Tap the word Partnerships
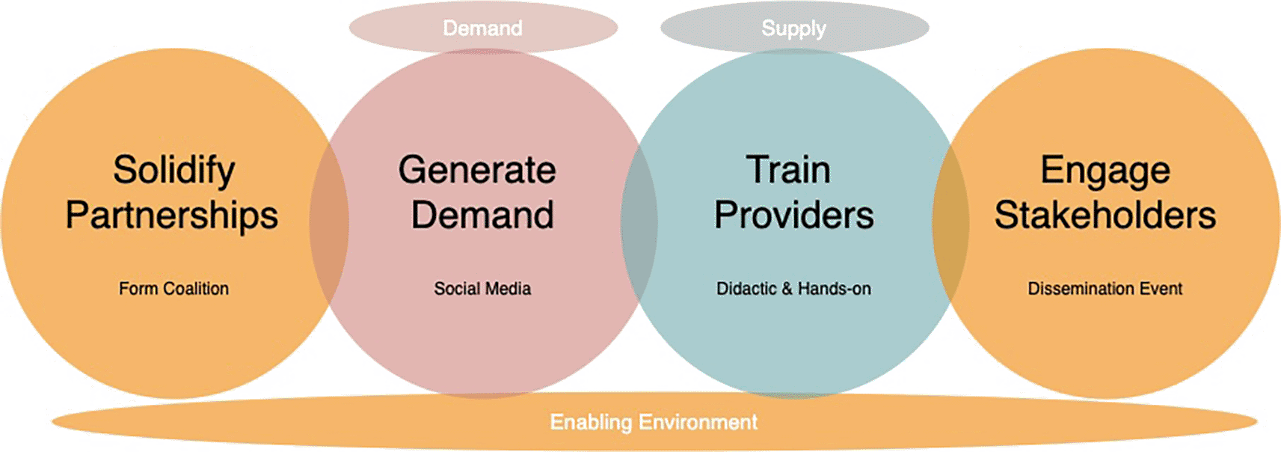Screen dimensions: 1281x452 point(171,216)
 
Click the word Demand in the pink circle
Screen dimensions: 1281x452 point(482,215)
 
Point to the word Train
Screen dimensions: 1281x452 point(788,170)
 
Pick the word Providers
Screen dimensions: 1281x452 point(793,215)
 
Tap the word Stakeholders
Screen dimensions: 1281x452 point(1105,215)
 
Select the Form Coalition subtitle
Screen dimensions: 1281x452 point(173,288)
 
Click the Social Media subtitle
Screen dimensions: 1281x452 point(482,288)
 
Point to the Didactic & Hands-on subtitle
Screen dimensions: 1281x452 point(793,288)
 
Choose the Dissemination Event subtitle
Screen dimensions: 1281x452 point(1105,288)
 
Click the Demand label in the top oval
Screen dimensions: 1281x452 point(482,28)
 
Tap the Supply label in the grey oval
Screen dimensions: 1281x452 point(793,28)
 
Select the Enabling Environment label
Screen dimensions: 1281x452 point(654,422)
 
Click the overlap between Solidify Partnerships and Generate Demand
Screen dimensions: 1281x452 point(329,222)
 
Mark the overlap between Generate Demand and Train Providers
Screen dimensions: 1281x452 point(639,223)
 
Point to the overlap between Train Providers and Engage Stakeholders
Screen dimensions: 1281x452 point(951,223)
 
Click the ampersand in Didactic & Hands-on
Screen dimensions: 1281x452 point(787,288)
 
